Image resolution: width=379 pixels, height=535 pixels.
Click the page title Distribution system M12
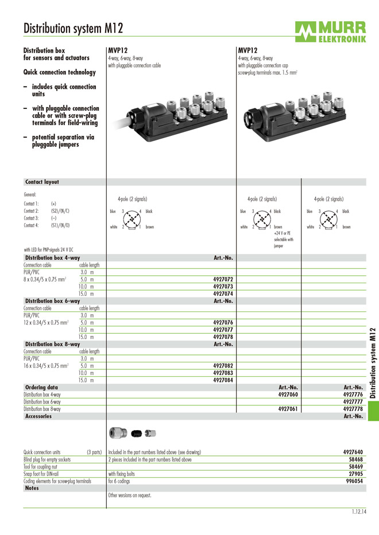click(73, 28)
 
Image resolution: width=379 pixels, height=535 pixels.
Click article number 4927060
click(288, 395)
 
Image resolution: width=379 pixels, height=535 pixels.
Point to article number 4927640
click(353, 452)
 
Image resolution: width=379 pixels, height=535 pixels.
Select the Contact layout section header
click(42, 182)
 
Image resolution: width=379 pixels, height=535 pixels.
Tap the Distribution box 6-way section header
click(52, 300)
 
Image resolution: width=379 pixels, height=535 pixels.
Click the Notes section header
click(36, 488)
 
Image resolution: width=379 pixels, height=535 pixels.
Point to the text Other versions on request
click(129, 495)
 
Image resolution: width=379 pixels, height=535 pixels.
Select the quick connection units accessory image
click(133, 432)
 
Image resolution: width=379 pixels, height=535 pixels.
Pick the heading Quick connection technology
click(59, 72)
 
